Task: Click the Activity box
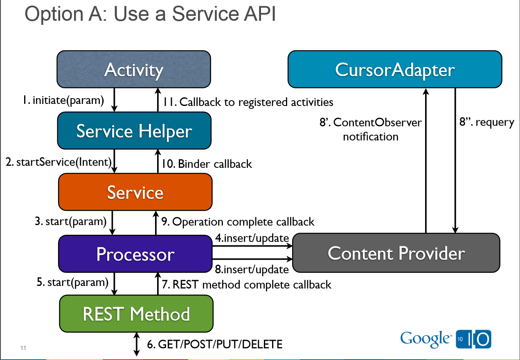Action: tap(134, 70)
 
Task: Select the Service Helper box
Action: tap(134, 131)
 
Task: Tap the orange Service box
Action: tap(135, 192)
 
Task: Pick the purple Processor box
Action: tap(135, 254)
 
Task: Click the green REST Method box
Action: tap(136, 314)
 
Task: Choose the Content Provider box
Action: tap(396, 253)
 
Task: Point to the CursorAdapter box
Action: tap(395, 69)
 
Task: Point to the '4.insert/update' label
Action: tap(252, 238)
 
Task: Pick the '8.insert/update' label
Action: tap(252, 269)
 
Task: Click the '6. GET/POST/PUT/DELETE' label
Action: tap(215, 344)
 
